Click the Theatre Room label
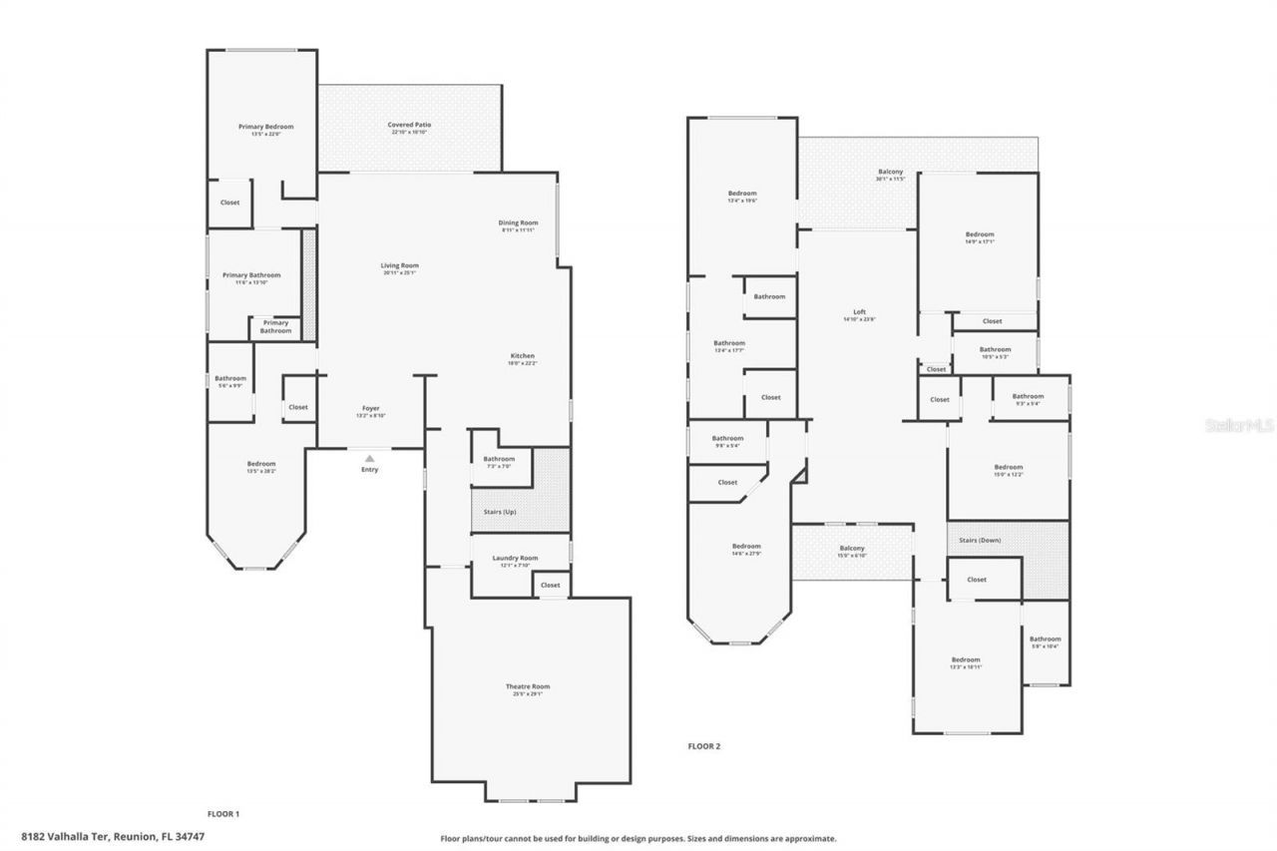click(x=527, y=686)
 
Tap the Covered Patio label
click(x=408, y=125)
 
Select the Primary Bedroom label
click(x=265, y=127)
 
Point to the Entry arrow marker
click(x=369, y=458)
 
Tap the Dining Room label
click(x=518, y=222)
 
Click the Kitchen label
click(x=523, y=356)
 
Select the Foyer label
click(x=370, y=408)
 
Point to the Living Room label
click(x=399, y=265)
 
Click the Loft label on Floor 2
click(x=859, y=312)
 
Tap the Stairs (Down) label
click(x=979, y=541)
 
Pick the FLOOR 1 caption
click(x=222, y=814)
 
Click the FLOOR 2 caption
click(x=703, y=746)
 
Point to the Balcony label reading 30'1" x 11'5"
click(x=890, y=173)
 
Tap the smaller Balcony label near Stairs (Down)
click(x=851, y=549)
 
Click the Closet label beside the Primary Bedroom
click(x=229, y=203)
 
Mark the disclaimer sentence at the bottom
click(x=638, y=839)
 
